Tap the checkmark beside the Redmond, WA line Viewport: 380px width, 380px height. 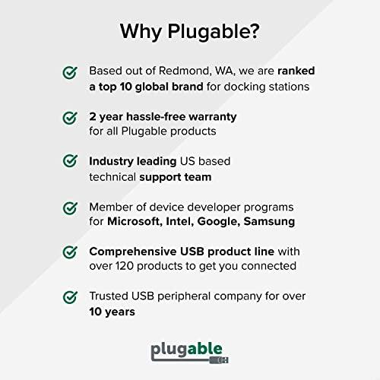70,72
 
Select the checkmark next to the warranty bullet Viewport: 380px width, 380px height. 70,118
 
